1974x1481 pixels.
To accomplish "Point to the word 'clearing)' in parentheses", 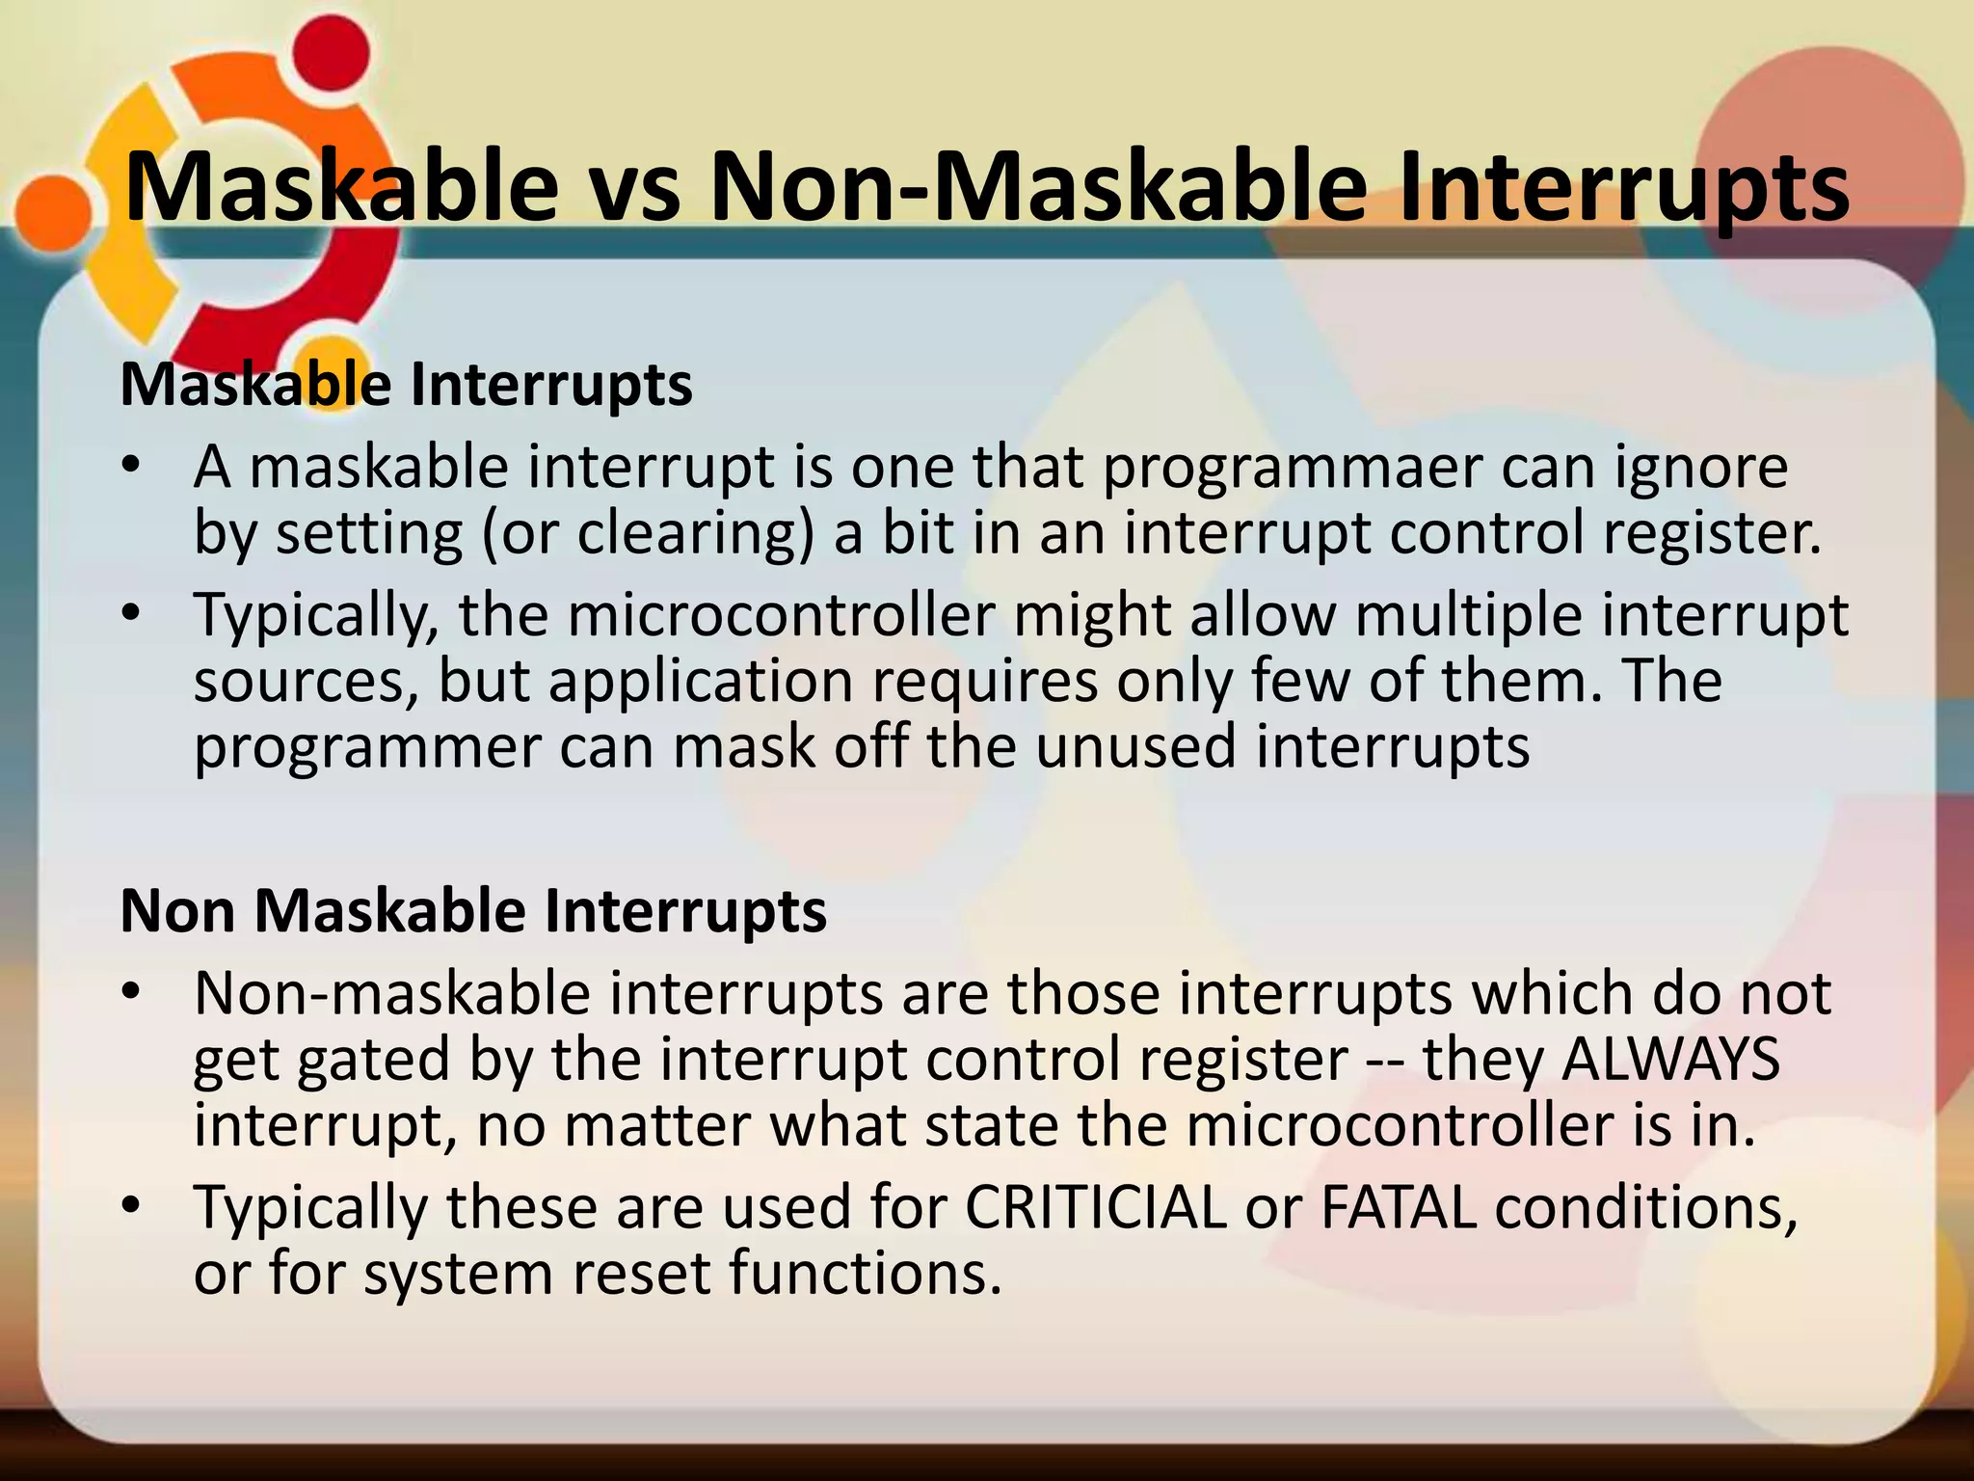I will (696, 535).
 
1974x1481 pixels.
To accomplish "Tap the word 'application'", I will (701, 682).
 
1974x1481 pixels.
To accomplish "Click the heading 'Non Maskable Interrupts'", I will (473, 911).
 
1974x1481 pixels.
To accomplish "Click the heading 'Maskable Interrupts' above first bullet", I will (406, 386).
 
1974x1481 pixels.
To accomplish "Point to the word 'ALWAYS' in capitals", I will (1669, 1061).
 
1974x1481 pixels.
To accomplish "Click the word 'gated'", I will (375, 1061).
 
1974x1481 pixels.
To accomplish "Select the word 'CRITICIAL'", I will (1096, 1208).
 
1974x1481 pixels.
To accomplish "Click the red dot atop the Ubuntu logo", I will (333, 52).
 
